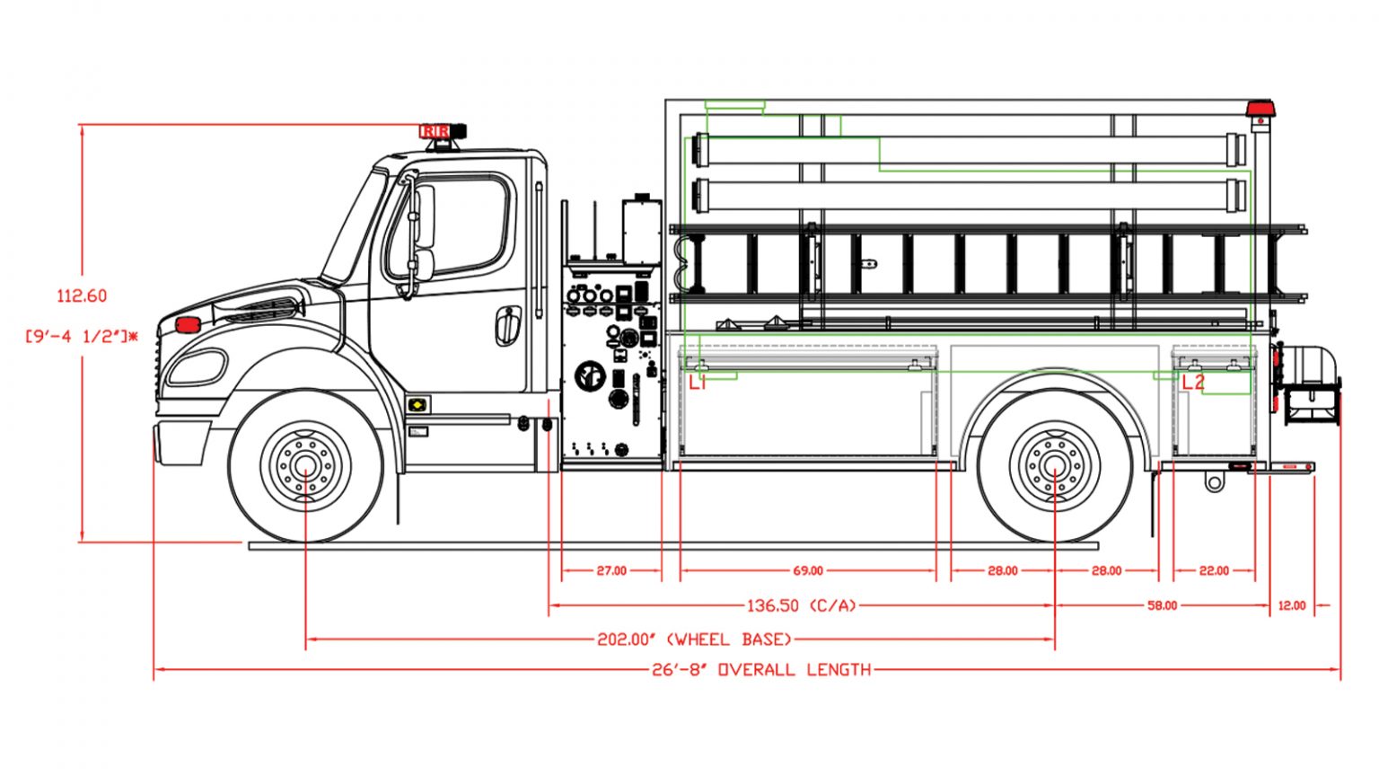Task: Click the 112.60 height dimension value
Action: (82, 295)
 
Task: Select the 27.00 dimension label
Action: (611, 570)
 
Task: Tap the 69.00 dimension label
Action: (808, 570)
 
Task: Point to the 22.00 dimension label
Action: (1214, 570)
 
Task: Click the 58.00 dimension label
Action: (1162, 605)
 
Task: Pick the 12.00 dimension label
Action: (1292, 605)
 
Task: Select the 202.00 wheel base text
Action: (695, 639)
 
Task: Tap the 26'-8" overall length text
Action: (761, 669)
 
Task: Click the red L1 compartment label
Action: (698, 383)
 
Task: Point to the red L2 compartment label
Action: (1193, 383)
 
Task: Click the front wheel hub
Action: (305, 466)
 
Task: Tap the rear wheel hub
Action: (1054, 466)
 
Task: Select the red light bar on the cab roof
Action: (435, 132)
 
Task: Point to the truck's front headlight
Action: (196, 367)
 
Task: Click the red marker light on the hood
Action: (188, 324)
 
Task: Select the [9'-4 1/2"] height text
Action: (82, 337)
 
